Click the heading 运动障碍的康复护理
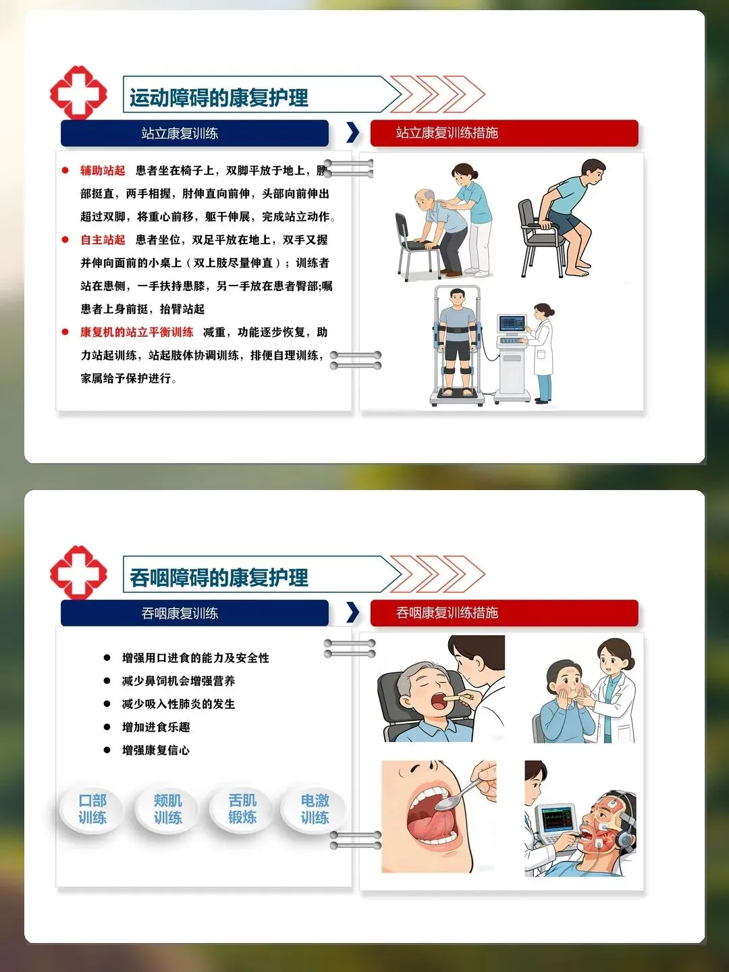(x=219, y=97)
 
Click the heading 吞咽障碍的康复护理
(x=219, y=577)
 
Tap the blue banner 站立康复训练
(x=195, y=133)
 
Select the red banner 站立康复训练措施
(x=504, y=133)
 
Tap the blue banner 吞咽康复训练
(x=195, y=614)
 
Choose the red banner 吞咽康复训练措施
(x=504, y=613)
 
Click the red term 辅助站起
(x=103, y=171)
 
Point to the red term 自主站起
(x=103, y=240)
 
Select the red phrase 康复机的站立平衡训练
(x=137, y=332)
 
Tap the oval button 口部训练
(x=92, y=809)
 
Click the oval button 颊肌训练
(x=168, y=809)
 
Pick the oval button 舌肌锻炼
(x=242, y=809)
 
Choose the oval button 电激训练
(x=315, y=809)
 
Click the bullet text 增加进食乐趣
(x=156, y=727)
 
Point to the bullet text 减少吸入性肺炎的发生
(x=178, y=704)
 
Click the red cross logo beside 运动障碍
(x=78, y=92)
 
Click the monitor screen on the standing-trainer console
(x=512, y=323)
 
